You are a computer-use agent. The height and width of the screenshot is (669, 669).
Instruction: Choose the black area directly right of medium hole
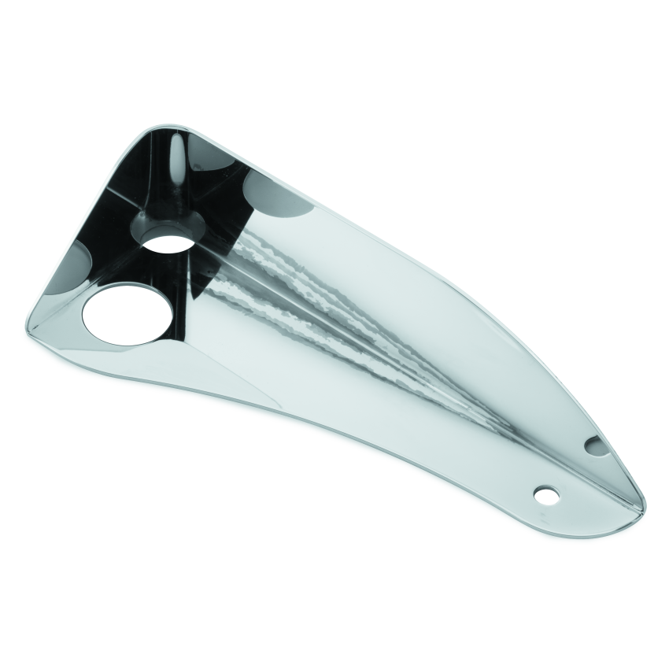[216, 236]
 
